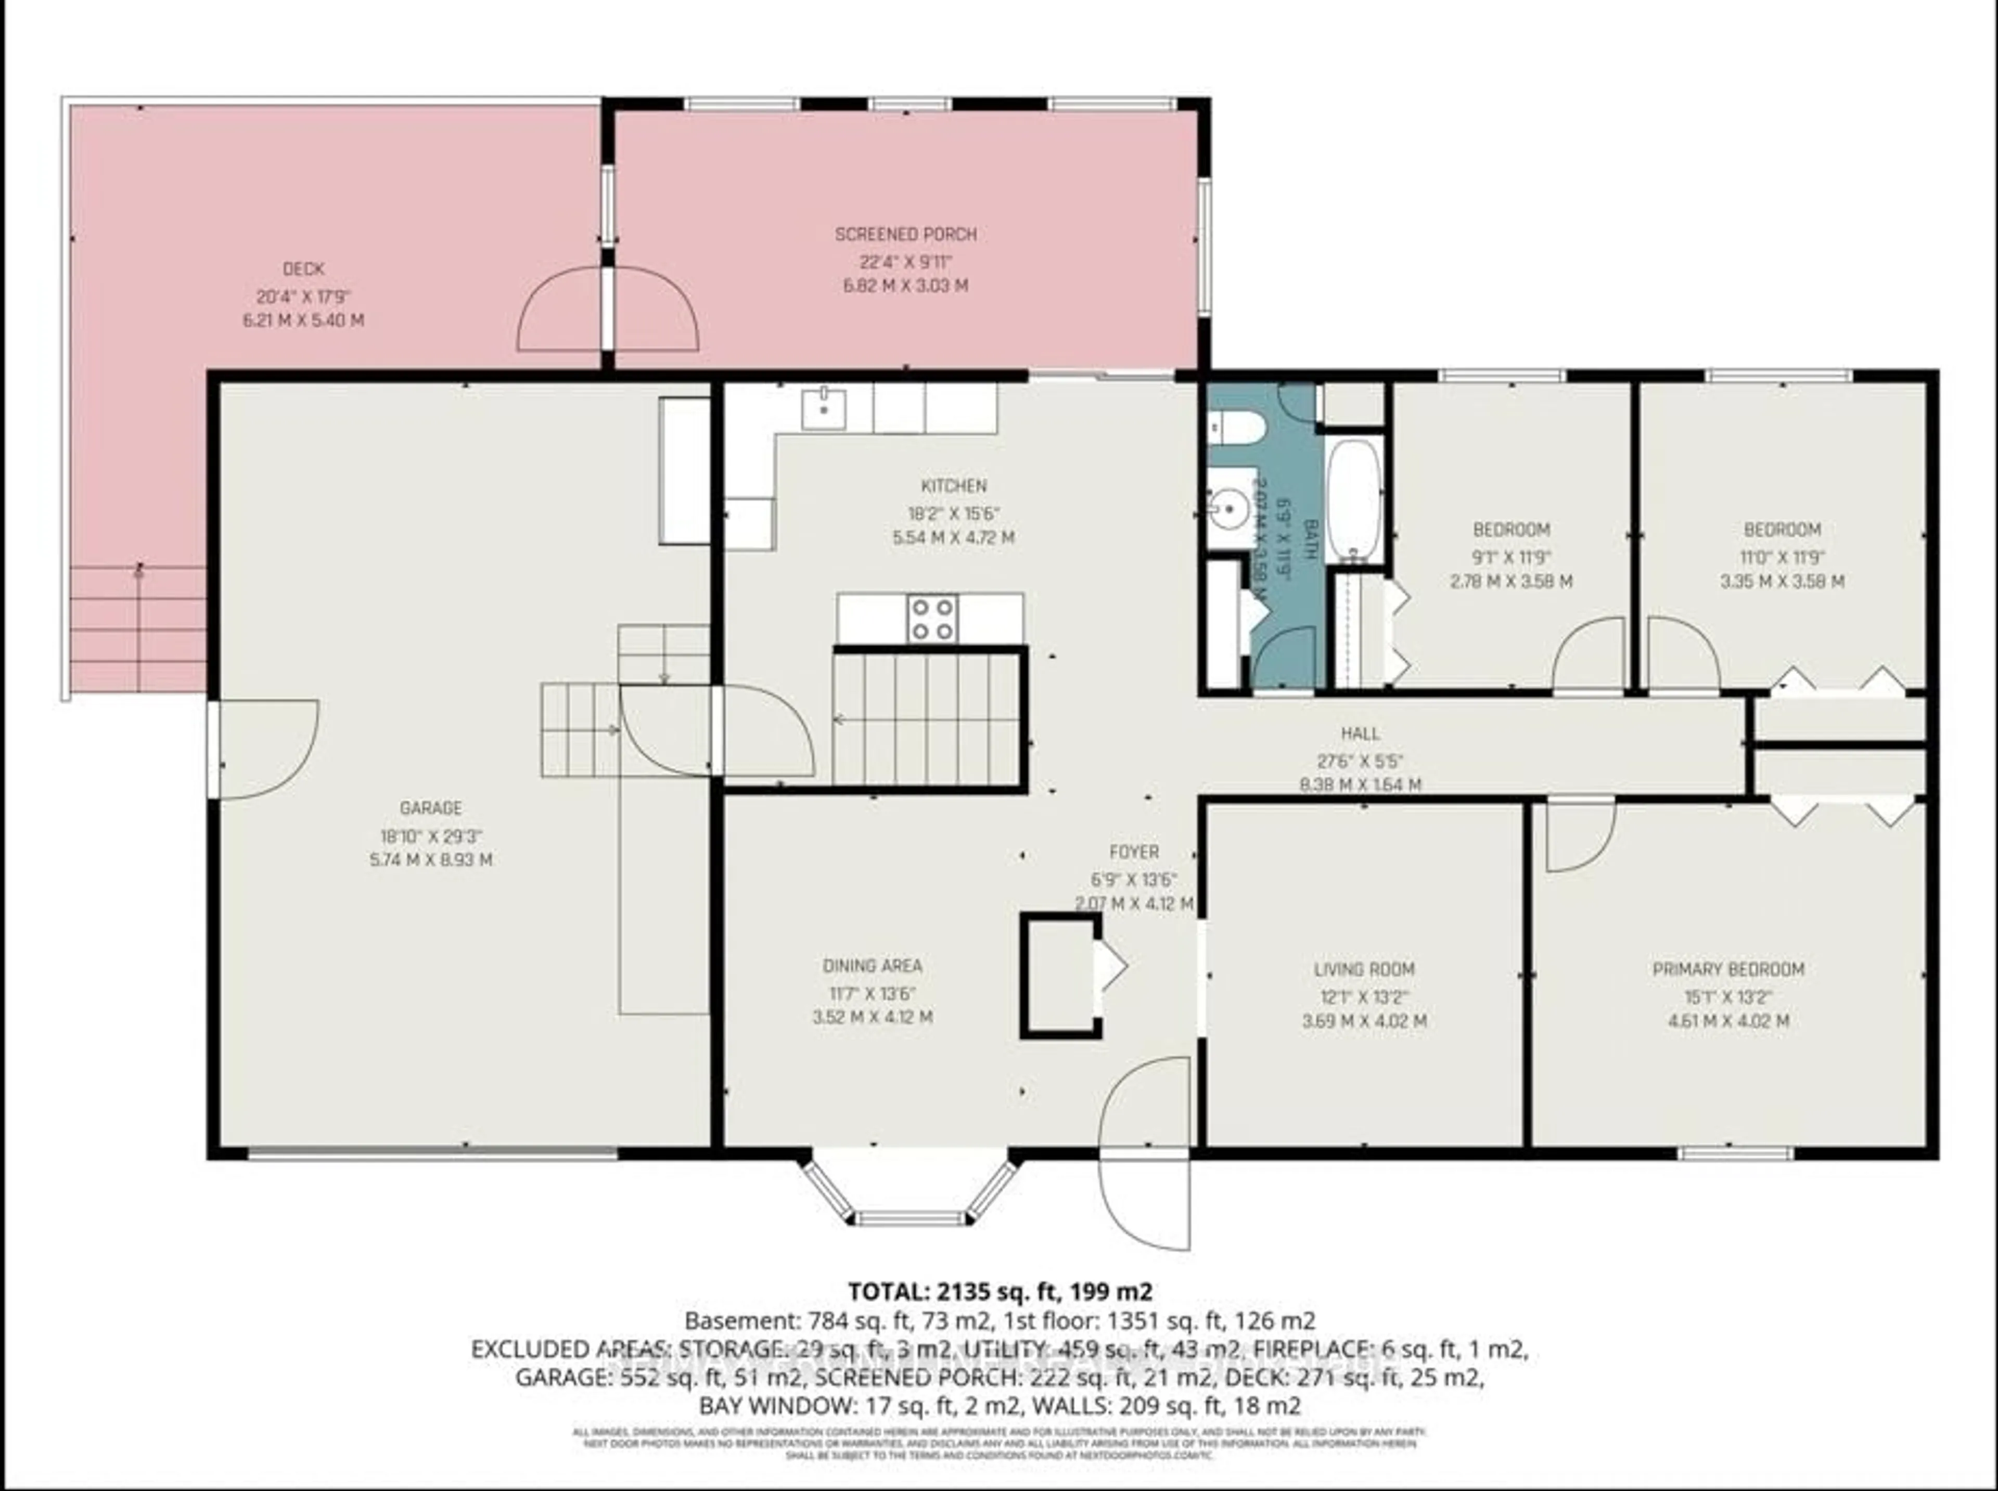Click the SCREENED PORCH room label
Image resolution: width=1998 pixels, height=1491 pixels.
pos(905,235)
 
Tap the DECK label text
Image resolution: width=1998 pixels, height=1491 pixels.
pos(303,269)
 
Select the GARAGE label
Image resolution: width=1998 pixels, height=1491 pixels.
pos(430,808)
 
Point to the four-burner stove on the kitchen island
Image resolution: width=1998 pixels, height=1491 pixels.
pos(932,618)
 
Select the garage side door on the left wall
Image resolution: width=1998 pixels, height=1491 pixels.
pos(263,749)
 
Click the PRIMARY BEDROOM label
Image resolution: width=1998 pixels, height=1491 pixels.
pos(1727,969)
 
